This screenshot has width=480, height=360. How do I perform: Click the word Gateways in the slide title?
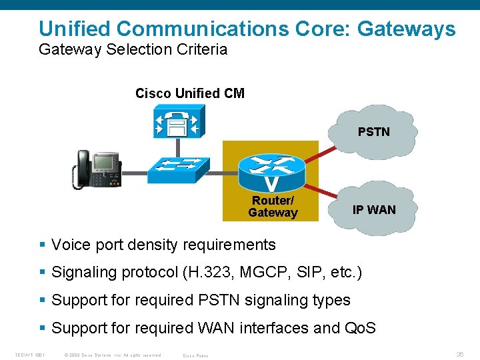(x=407, y=29)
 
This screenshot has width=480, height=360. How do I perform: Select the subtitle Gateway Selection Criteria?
(x=133, y=49)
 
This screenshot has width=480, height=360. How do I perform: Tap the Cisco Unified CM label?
(x=189, y=93)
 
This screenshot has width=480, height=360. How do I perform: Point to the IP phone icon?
(x=96, y=169)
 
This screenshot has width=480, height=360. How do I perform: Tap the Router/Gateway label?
(x=272, y=207)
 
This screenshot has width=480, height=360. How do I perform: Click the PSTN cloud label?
(x=373, y=132)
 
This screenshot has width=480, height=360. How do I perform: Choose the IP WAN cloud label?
(x=373, y=210)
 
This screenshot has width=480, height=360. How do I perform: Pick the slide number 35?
(x=459, y=355)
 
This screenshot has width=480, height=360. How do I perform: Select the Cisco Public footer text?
(x=195, y=355)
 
